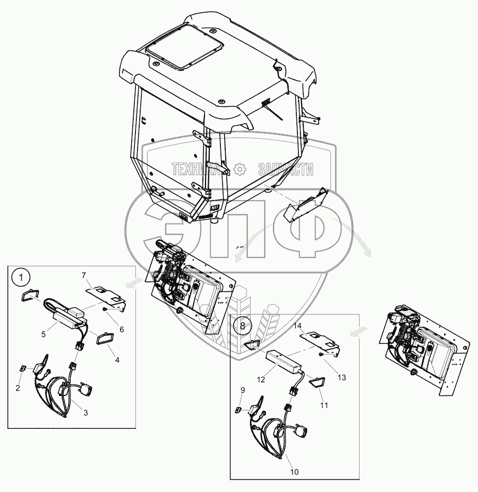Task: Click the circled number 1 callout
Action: tap(20, 277)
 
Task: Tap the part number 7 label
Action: tap(83, 275)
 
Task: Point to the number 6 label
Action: tap(122, 329)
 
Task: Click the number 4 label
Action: tap(117, 360)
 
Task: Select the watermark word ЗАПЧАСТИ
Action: tap(285, 169)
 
